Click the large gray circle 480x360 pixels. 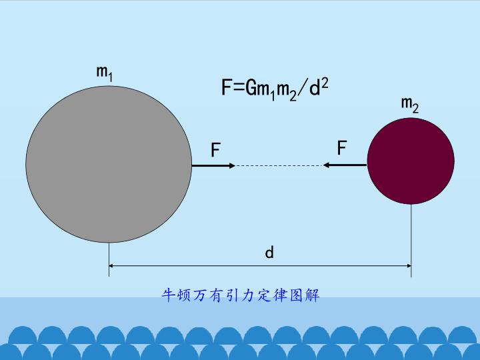coord(109,165)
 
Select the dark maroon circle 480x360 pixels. coord(411,161)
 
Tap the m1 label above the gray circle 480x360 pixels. coord(105,73)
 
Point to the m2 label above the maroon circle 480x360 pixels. coord(410,105)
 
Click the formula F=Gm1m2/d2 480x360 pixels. coord(275,90)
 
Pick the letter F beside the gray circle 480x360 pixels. coord(215,150)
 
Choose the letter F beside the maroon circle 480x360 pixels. coord(341,147)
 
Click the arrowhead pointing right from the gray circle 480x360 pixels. coord(233,165)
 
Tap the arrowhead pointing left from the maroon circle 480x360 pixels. coord(326,165)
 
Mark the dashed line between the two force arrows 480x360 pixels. coord(279,165)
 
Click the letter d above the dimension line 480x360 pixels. coord(269,253)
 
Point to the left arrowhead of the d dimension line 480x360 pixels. coord(111,266)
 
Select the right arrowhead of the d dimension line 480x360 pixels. coord(409,266)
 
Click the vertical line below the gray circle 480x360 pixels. coord(109,259)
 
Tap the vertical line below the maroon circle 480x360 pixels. coord(411,241)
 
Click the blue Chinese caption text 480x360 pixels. coord(241,295)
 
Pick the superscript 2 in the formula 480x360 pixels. coord(325,83)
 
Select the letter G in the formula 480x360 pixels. coord(251,87)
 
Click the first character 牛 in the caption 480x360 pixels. coord(169,295)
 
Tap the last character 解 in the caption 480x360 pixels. coord(313,295)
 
